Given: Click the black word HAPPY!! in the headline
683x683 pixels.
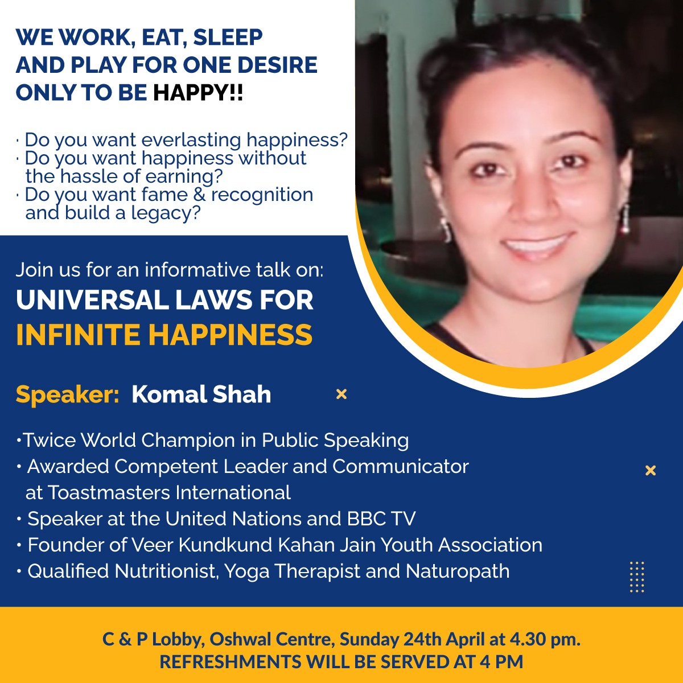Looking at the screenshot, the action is click(198, 93).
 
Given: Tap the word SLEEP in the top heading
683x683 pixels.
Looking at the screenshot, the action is click(228, 37).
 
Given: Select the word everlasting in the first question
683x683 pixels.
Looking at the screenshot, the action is click(191, 139).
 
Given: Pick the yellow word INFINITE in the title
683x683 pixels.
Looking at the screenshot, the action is click(79, 334).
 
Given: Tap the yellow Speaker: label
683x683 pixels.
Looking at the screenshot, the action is click(67, 395).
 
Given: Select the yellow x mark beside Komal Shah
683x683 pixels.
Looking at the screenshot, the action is click(341, 394).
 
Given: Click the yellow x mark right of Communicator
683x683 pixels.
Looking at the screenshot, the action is click(651, 470).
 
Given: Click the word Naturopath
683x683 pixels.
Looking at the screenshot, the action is click(458, 571).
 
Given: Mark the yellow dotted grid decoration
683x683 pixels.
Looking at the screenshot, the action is click(637, 577).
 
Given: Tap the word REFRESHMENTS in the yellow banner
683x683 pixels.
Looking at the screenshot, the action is click(231, 662).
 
